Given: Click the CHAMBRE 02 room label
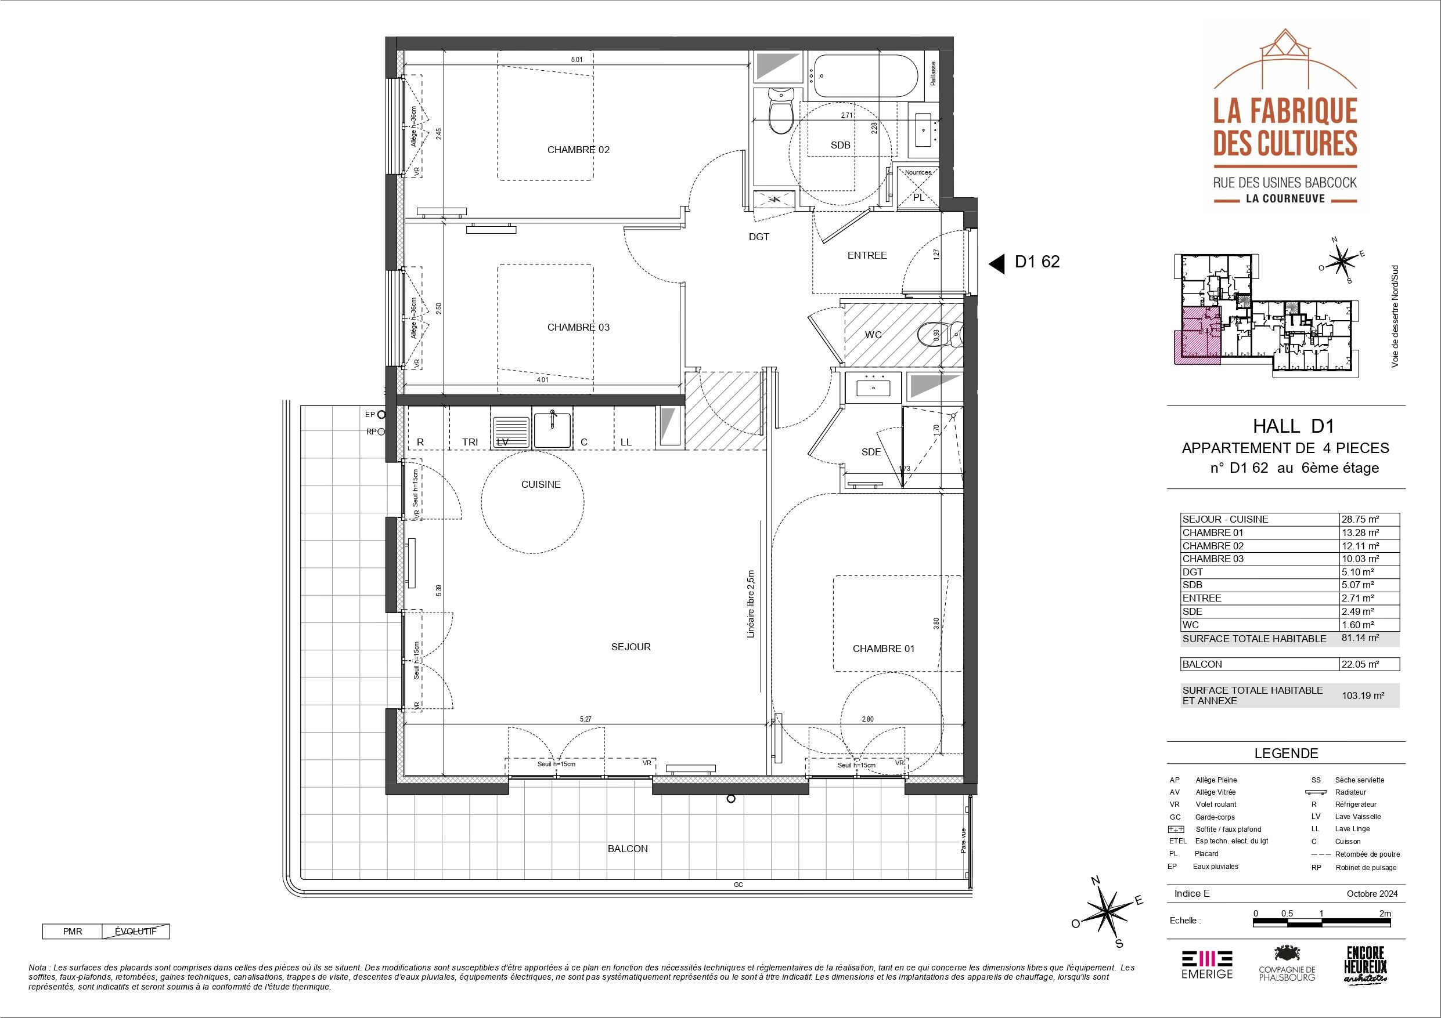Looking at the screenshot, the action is [x=578, y=150].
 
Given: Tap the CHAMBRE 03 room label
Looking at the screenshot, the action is [x=578, y=327].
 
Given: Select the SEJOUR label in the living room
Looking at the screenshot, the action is [x=631, y=647].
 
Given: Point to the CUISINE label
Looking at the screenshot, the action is [x=541, y=484].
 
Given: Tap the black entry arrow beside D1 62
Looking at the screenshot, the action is [x=997, y=264].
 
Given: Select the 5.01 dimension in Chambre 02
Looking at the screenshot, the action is [x=577, y=60].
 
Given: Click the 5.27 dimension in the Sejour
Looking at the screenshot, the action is [x=586, y=719].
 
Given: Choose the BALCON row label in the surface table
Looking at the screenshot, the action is [x=1202, y=664].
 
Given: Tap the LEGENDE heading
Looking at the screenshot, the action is [x=1286, y=753].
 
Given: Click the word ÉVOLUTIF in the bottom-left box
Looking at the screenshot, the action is [x=135, y=932].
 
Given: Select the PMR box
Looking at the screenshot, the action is [x=72, y=932].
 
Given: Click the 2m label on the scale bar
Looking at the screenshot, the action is [x=1385, y=913].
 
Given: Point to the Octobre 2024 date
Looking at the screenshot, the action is [x=1372, y=894].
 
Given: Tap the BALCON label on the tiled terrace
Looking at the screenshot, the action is [x=628, y=849].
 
